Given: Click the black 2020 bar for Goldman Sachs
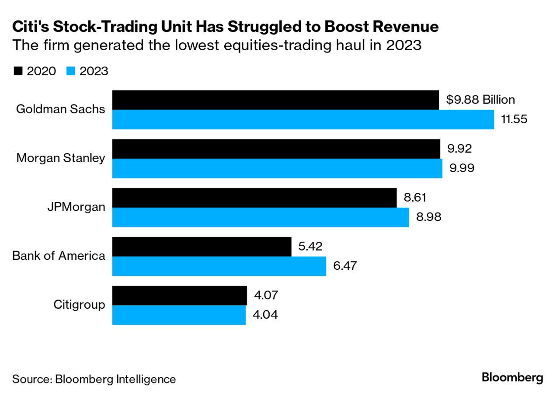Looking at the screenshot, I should (x=275, y=100).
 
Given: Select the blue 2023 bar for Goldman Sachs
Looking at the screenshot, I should (x=303, y=119).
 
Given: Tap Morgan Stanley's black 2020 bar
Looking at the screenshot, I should (x=276, y=149).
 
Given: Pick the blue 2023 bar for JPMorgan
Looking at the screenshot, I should (x=261, y=217).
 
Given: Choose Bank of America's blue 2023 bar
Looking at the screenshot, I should (x=219, y=266).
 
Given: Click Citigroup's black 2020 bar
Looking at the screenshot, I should (x=179, y=296).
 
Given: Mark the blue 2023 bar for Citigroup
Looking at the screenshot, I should (x=179, y=315).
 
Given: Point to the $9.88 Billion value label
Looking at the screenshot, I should (x=480, y=100).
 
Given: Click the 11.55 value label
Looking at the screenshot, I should (x=514, y=119).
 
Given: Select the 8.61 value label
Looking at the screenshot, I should (x=415, y=198).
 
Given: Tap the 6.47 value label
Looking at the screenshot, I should (x=345, y=266).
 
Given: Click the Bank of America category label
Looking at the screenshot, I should (x=59, y=256).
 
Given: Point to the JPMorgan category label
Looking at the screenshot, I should (x=76, y=207).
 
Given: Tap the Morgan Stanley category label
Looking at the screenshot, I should (x=61, y=158).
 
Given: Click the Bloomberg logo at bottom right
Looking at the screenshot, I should (x=512, y=378).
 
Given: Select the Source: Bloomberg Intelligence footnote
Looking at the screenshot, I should (x=94, y=379).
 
